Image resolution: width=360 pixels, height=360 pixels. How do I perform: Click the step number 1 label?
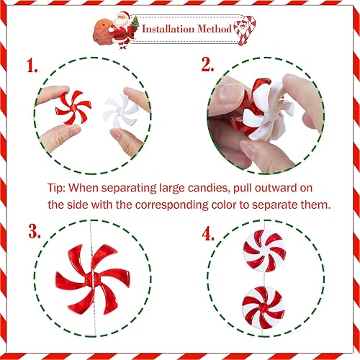(x=32, y=66)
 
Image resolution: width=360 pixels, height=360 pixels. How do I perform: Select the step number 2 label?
(x=207, y=66)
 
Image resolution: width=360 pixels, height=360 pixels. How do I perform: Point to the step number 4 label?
(x=207, y=233)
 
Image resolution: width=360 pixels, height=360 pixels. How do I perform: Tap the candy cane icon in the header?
(x=246, y=30)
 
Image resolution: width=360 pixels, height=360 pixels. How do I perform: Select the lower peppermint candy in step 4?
(x=260, y=307)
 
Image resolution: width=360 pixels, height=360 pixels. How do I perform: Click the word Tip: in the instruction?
(x=60, y=186)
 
